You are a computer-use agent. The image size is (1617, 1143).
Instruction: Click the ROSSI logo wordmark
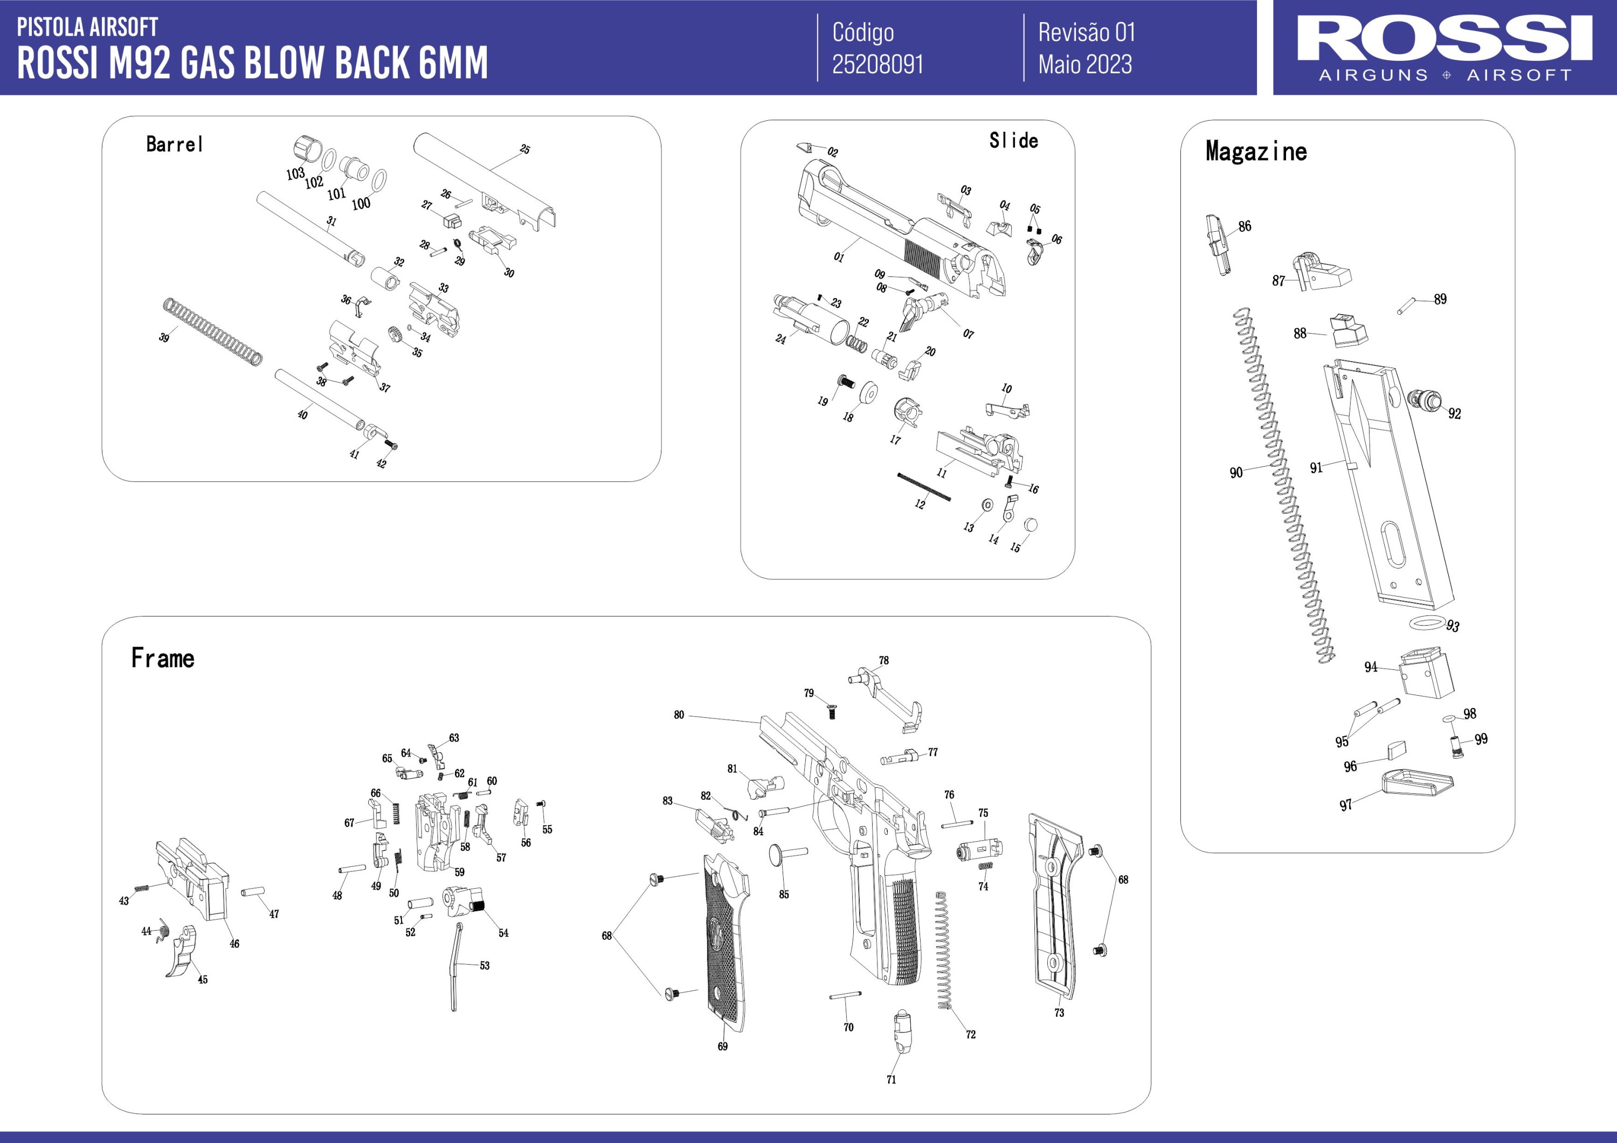pos(1445,39)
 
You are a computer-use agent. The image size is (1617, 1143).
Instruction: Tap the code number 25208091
pos(877,65)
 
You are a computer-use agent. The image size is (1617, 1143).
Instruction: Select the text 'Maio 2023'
pos(1084,65)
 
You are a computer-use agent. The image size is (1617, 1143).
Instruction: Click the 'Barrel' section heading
pos(175,144)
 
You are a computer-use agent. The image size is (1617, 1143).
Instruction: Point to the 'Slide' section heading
pos(1013,141)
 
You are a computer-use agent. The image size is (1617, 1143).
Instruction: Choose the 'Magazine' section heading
pos(1256,151)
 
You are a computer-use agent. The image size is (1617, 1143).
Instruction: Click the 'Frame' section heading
pos(163,659)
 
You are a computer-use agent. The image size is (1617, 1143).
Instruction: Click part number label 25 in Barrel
pos(524,149)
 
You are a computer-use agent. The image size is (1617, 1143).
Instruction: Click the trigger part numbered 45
pos(182,951)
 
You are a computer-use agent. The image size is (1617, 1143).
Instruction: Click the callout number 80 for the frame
pos(679,715)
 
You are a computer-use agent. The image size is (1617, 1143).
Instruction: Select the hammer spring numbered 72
pos(944,951)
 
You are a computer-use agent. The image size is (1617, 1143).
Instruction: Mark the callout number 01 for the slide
pos(838,257)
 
